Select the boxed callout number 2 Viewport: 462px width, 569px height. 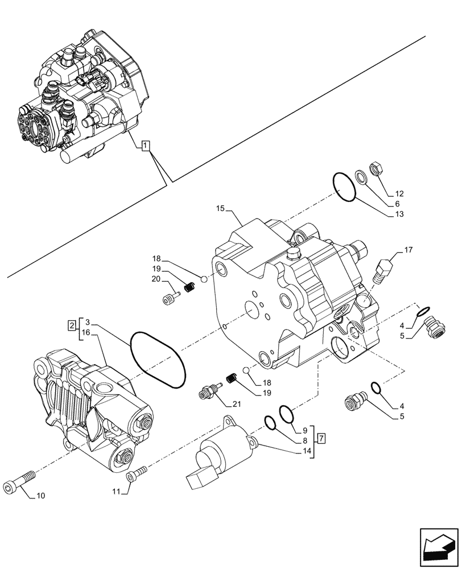pos(71,325)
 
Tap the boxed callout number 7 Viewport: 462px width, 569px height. pos(321,438)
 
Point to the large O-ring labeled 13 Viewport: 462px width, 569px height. pos(344,187)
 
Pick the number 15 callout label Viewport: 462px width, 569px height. pos(221,209)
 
